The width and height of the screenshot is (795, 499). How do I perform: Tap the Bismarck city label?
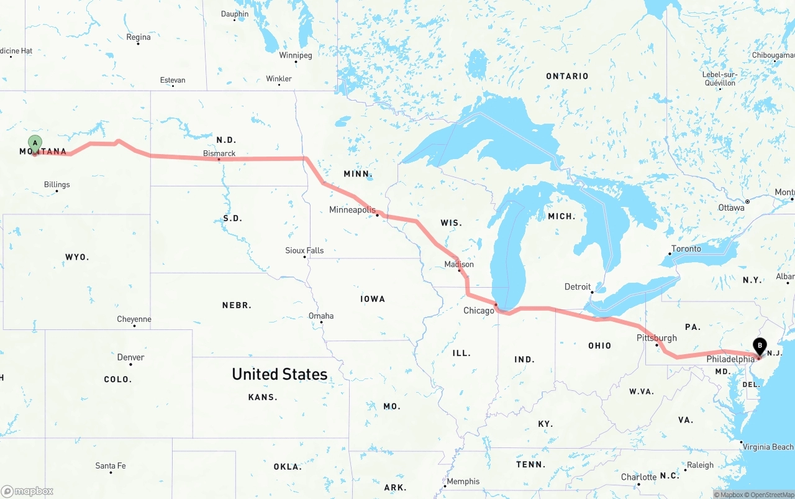(219, 153)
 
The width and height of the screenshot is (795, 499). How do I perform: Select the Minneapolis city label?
(352, 210)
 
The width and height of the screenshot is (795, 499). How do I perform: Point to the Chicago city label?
(479, 310)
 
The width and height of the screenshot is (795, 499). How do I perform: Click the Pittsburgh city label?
(656, 338)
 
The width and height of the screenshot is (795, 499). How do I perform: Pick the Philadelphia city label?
(730, 359)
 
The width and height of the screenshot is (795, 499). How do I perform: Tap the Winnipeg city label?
(296, 55)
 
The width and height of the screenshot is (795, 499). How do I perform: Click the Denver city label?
(130, 357)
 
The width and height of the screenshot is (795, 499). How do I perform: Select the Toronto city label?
(686, 249)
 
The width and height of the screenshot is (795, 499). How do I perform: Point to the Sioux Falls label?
(304, 250)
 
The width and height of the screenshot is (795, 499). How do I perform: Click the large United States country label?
(279, 374)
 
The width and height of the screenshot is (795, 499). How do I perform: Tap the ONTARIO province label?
(567, 76)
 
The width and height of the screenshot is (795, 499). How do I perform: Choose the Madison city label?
(459, 264)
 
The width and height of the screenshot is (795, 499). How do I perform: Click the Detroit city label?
(578, 286)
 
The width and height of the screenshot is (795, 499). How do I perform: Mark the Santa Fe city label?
(111, 465)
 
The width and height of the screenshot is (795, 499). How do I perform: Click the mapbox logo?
(27, 491)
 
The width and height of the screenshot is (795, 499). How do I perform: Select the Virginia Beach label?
(768, 447)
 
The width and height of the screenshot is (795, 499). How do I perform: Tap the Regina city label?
(139, 37)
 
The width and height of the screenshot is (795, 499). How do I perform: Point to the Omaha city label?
(321, 316)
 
